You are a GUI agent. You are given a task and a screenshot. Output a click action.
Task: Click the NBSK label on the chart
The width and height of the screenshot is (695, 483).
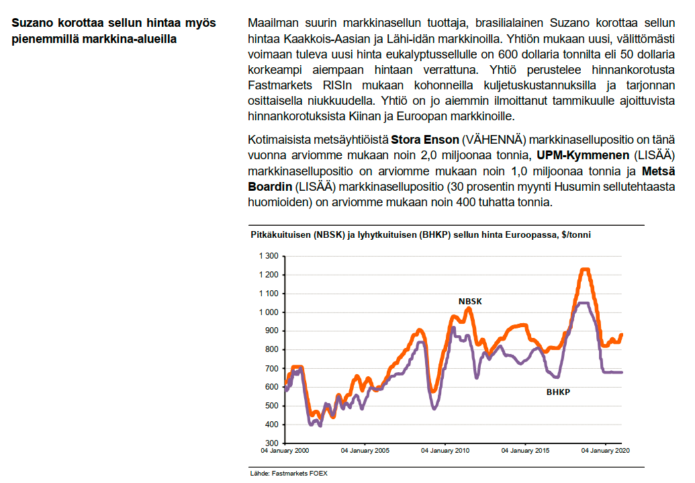(470, 302)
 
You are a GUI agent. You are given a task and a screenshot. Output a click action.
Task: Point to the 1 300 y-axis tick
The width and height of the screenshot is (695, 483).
(268, 256)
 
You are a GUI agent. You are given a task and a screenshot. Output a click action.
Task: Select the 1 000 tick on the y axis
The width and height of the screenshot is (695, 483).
(268, 312)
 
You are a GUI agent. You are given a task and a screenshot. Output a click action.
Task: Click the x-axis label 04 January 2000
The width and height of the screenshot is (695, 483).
(285, 451)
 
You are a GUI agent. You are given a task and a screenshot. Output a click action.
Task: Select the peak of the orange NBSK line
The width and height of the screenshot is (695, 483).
(584, 269)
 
